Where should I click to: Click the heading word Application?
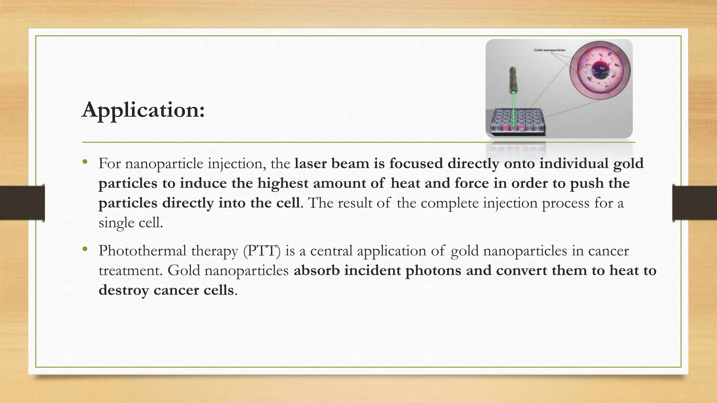point(143,110)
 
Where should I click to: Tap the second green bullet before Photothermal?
point(85,249)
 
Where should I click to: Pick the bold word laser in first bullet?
point(310,163)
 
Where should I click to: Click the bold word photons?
point(433,270)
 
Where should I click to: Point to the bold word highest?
point(283,183)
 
